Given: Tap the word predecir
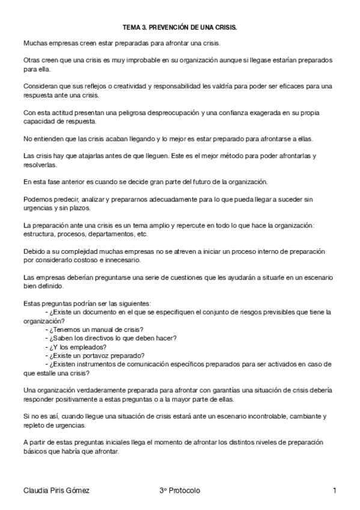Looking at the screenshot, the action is (67, 200).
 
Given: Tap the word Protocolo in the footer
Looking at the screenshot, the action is (184, 491).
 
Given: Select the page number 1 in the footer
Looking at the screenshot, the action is (334, 491).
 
